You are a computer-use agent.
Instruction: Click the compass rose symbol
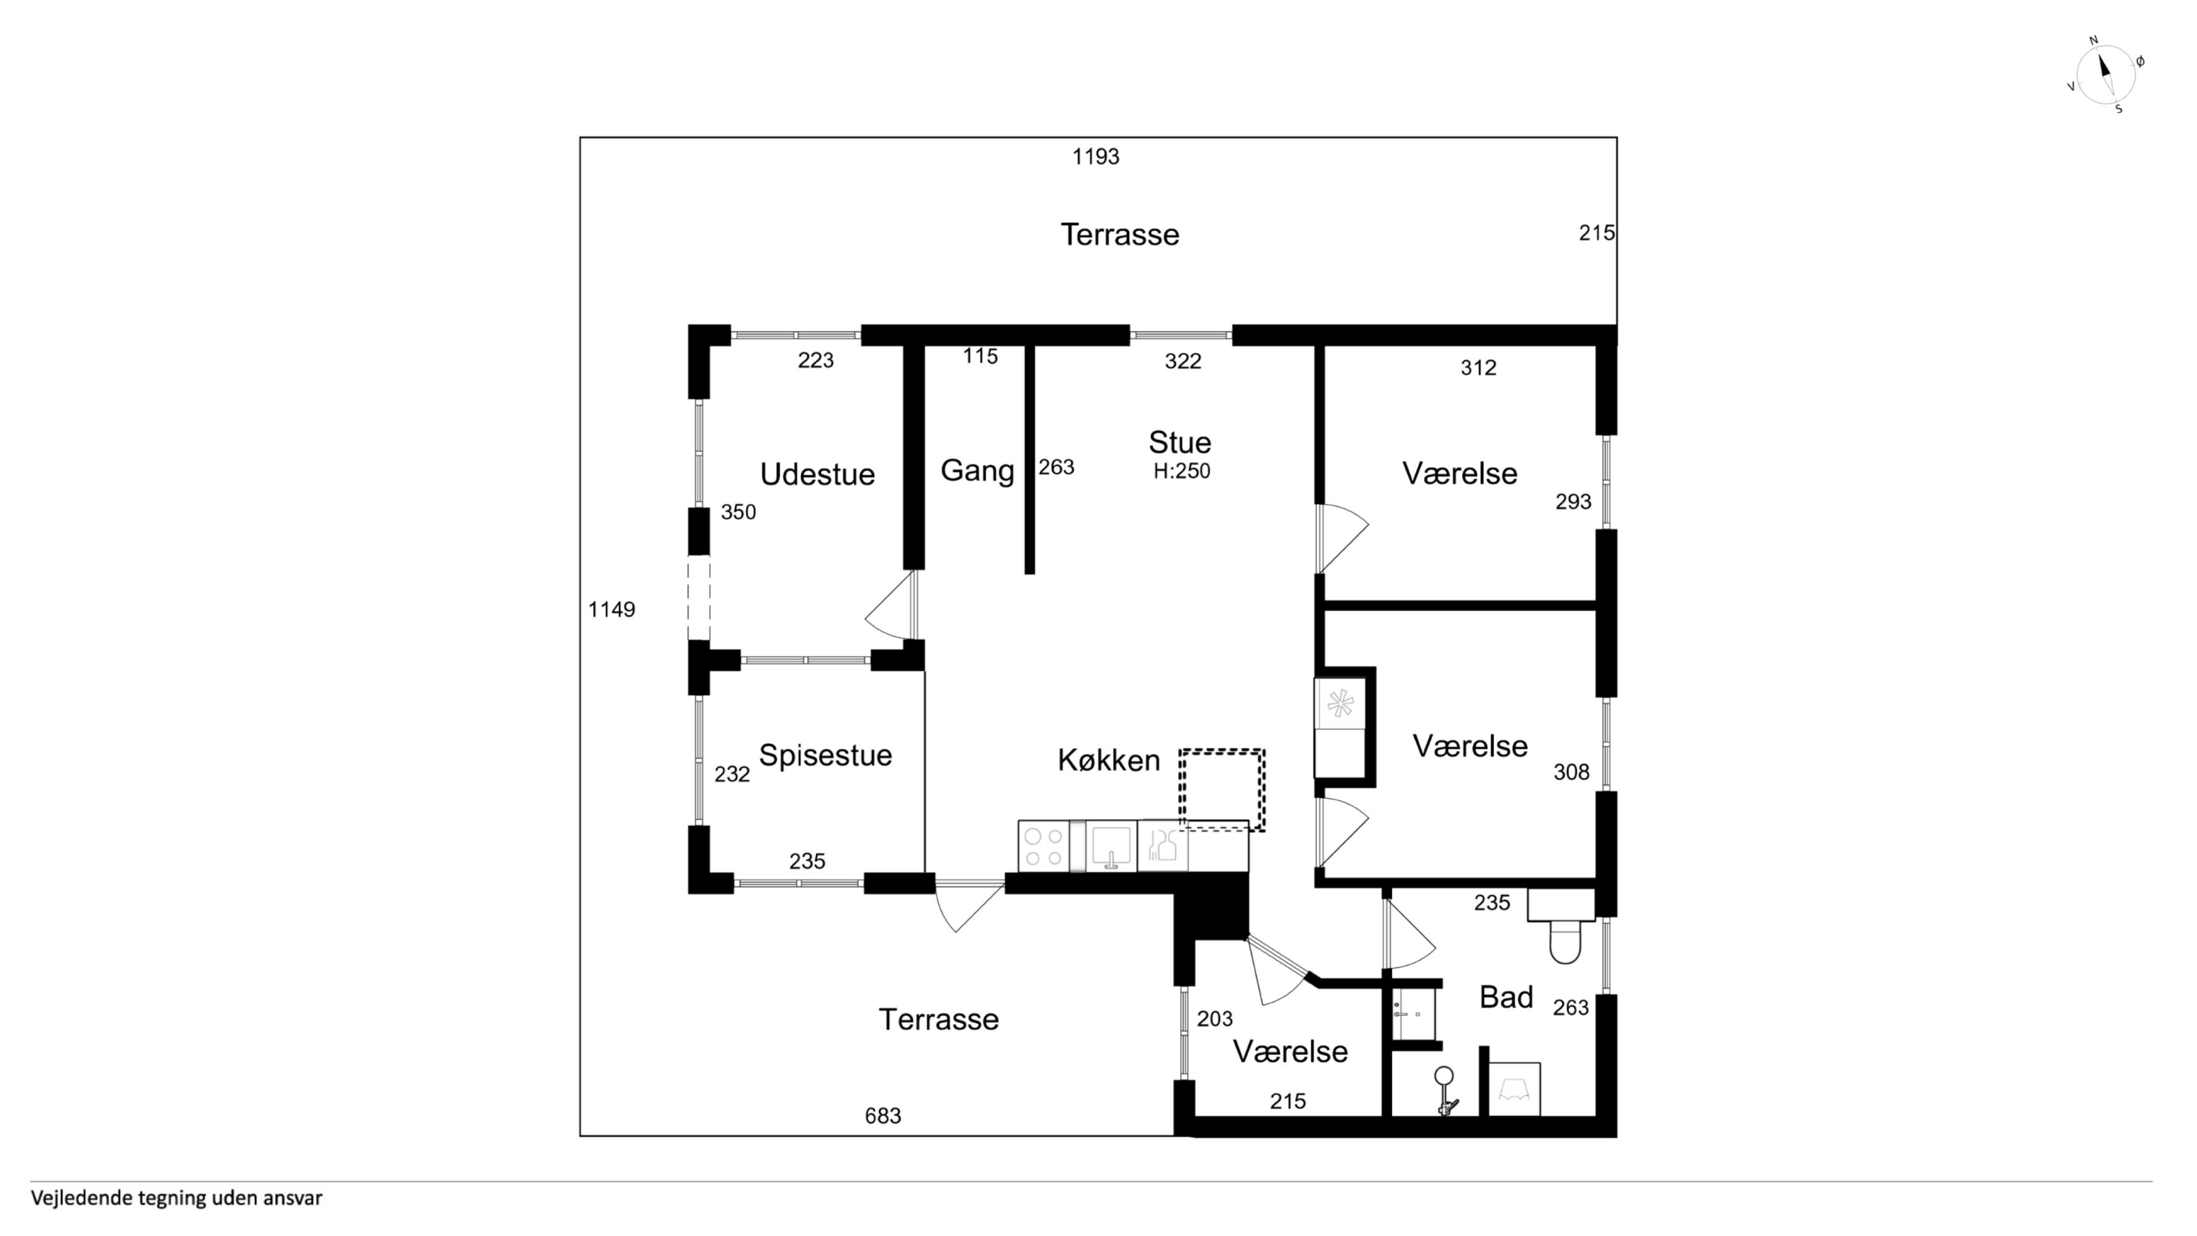coord(2105,75)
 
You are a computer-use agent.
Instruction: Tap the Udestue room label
coord(817,474)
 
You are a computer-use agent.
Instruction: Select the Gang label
coord(977,471)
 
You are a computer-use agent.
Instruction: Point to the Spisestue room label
coord(825,755)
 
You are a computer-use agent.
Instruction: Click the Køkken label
coord(1109,760)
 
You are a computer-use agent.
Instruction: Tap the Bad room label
coord(1506,997)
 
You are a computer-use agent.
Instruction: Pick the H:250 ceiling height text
coord(1182,471)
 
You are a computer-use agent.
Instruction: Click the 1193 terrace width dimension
coord(1096,156)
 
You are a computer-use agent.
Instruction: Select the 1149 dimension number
coord(611,609)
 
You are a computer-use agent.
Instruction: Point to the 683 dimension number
coord(883,1116)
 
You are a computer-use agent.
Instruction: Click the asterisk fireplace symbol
coord(1340,705)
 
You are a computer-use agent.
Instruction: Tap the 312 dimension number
coord(1478,368)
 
